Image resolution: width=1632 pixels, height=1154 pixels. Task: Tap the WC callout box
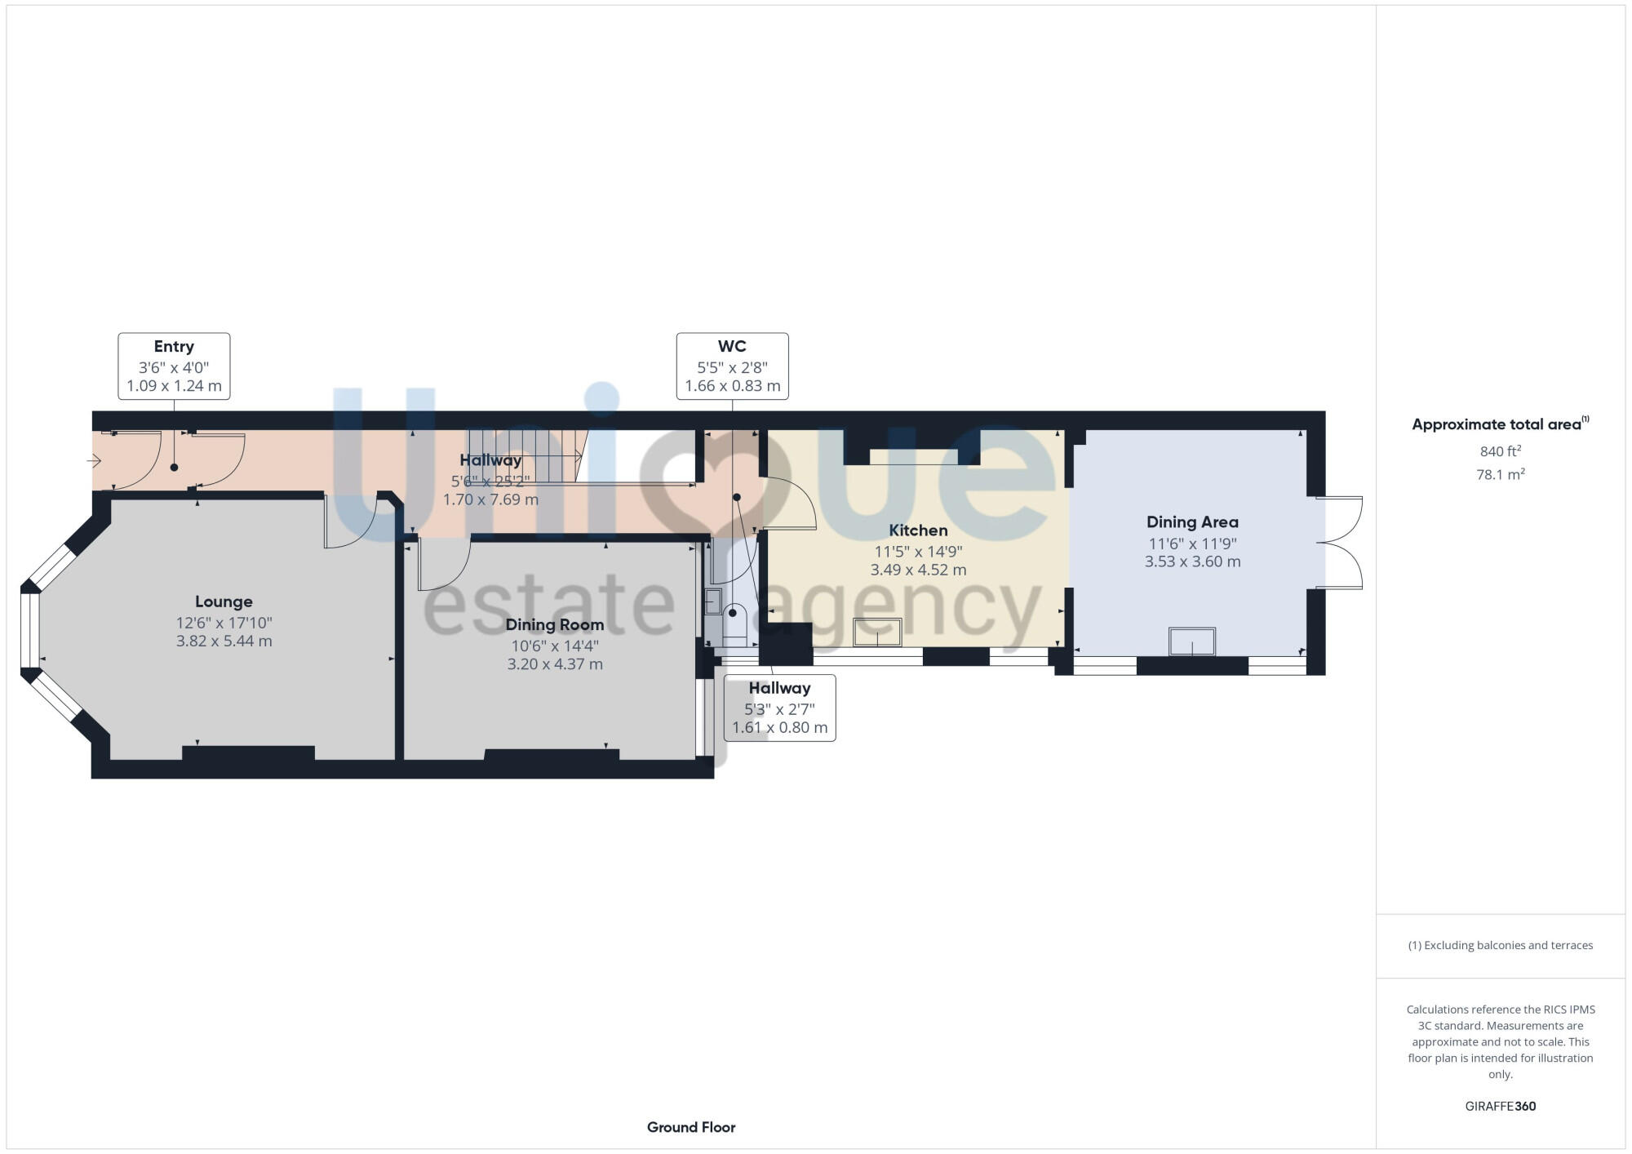732,366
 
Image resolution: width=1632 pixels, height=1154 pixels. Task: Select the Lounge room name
224,601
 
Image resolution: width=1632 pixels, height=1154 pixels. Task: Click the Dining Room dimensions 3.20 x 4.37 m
555,664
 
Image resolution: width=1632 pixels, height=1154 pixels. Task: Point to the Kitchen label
918,530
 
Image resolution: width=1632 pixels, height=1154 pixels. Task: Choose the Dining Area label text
1192,522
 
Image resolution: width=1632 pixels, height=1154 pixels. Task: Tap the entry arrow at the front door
94,462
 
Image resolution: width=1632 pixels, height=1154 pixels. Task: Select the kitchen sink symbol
877,632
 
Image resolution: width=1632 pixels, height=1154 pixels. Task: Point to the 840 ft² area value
1500,451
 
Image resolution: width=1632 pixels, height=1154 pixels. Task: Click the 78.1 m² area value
1500,474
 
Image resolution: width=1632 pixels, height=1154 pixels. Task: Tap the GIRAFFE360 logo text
1500,1107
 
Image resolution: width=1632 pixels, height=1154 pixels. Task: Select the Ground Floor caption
691,1127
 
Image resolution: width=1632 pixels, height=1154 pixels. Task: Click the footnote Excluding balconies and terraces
1500,945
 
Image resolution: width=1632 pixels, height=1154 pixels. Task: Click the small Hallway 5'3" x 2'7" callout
779,708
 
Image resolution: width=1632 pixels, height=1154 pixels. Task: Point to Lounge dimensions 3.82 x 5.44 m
224,641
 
